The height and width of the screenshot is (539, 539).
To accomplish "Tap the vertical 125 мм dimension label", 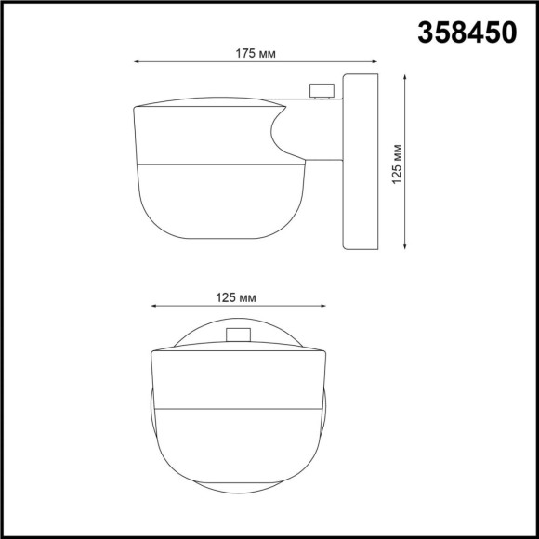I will pyautogui.click(x=397, y=164).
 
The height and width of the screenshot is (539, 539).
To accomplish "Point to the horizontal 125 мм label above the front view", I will pyautogui.click(x=235, y=297).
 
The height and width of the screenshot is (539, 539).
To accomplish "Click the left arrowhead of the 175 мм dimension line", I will pyautogui.click(x=138, y=62).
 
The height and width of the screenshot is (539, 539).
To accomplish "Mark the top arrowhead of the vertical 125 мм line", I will pyautogui.click(x=406, y=79).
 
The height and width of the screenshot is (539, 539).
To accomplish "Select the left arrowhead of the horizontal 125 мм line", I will pyautogui.click(x=152, y=308).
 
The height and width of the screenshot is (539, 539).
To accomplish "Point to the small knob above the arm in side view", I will pyautogui.click(x=322, y=90).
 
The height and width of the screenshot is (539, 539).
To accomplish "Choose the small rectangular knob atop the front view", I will pyautogui.click(x=238, y=335).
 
